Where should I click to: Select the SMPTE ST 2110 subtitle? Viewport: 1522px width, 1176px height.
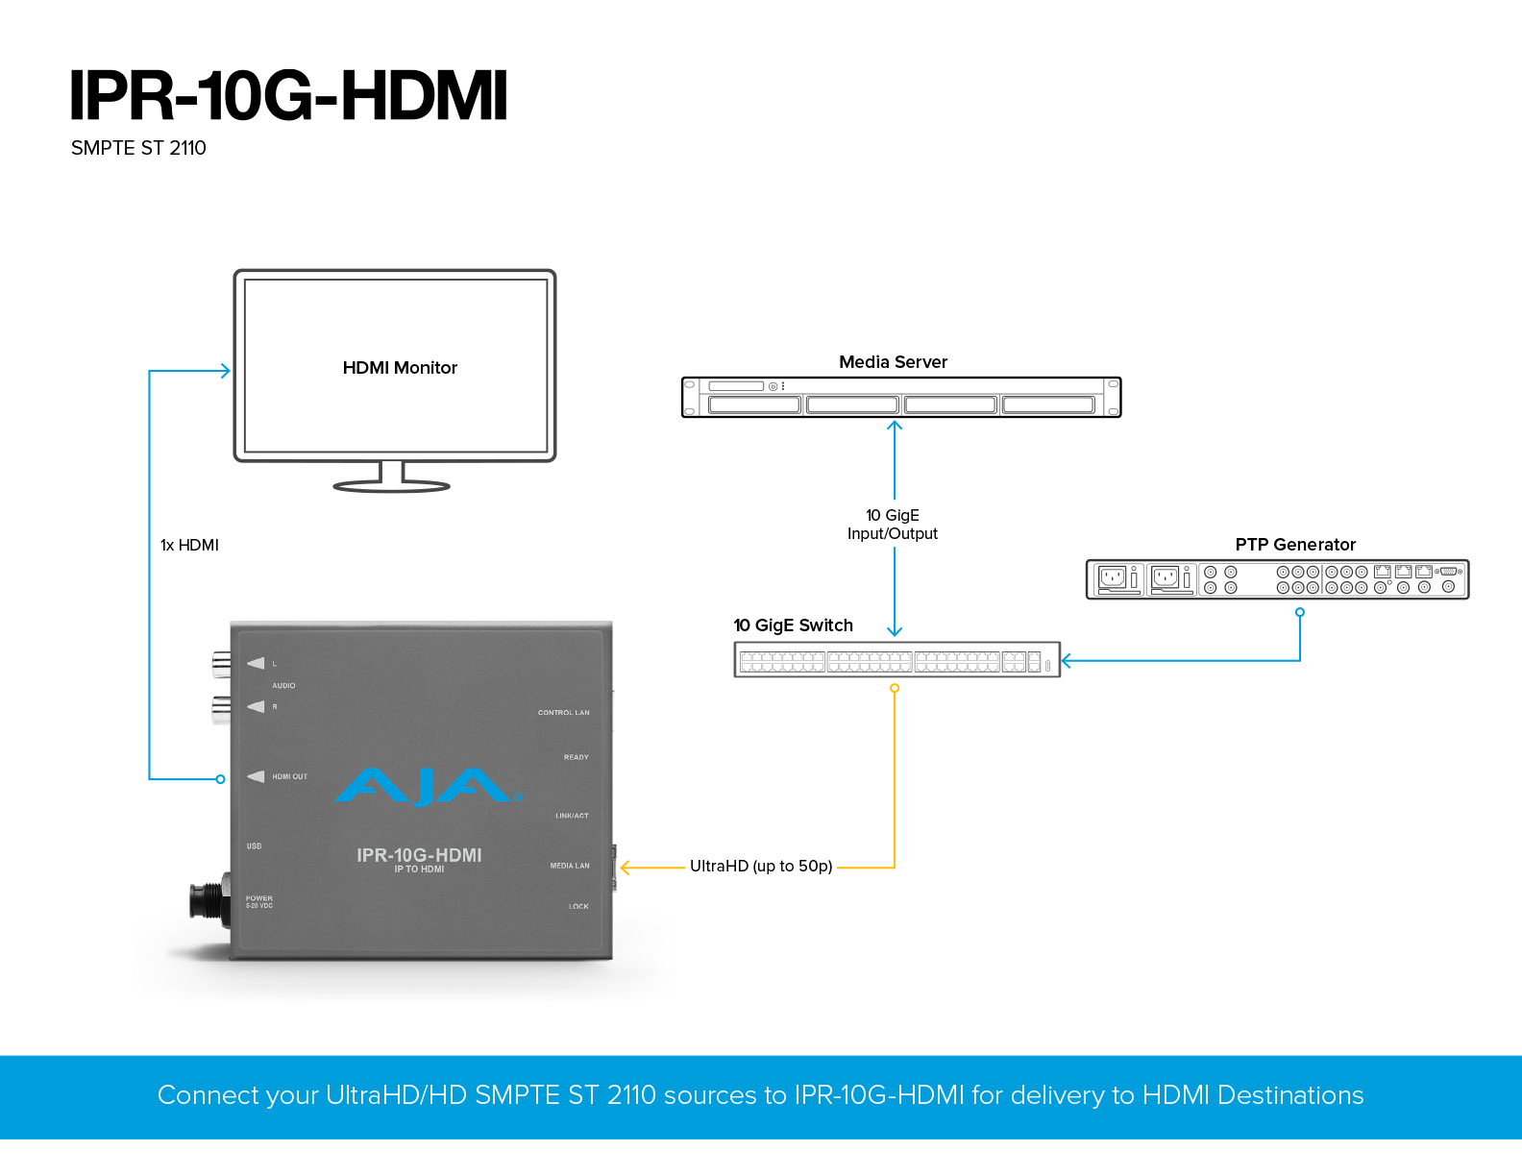(138, 148)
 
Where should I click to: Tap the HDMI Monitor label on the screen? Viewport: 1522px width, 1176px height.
(399, 368)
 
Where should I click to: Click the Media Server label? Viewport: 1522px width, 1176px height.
(893, 362)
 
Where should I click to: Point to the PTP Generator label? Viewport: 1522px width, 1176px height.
(1295, 544)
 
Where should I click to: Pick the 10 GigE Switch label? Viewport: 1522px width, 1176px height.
(793, 625)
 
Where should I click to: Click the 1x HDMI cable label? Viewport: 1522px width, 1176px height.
(189, 545)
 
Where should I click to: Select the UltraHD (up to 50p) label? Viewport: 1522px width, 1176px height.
(761, 867)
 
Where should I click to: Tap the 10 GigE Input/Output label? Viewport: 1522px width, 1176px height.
(893, 524)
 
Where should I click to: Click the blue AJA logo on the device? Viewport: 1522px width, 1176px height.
(428, 787)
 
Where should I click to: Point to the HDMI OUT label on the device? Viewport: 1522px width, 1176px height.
(289, 776)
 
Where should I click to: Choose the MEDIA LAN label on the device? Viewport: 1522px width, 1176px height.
(570, 866)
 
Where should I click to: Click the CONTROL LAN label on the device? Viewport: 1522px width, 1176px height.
(564, 712)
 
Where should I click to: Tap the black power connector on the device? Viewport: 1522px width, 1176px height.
(209, 901)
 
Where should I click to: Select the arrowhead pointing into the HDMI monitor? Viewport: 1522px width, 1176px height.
(226, 371)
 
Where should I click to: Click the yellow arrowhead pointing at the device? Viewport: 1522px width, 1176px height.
(626, 868)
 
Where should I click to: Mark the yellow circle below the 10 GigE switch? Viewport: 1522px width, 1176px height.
(895, 689)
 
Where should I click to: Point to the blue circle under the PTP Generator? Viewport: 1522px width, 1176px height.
(1300, 612)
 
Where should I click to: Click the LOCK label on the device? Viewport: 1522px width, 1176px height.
(578, 906)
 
